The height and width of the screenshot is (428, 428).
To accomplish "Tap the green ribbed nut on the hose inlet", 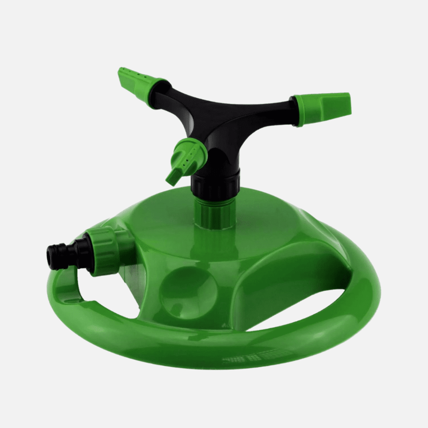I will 103,251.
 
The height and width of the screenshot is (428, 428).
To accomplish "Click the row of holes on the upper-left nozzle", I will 134,76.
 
